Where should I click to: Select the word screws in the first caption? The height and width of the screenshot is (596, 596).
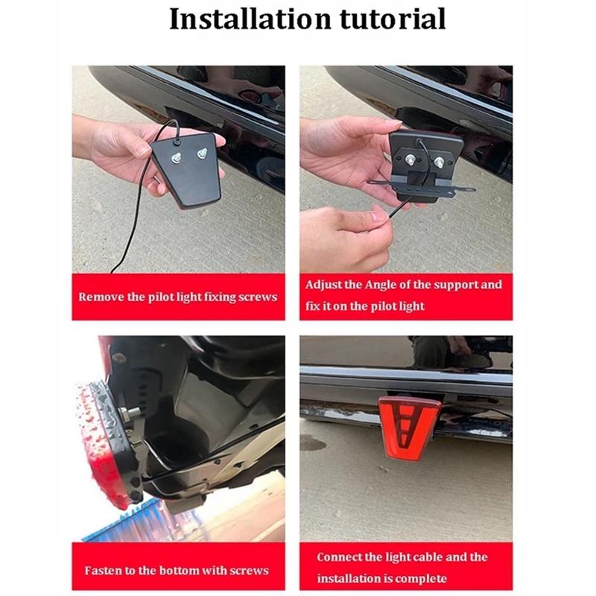pos(258,297)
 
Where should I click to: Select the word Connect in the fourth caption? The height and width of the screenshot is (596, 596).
pos(340,557)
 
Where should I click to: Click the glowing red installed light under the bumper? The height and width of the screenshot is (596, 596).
pos(408,428)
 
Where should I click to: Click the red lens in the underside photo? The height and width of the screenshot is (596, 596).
pos(101,447)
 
